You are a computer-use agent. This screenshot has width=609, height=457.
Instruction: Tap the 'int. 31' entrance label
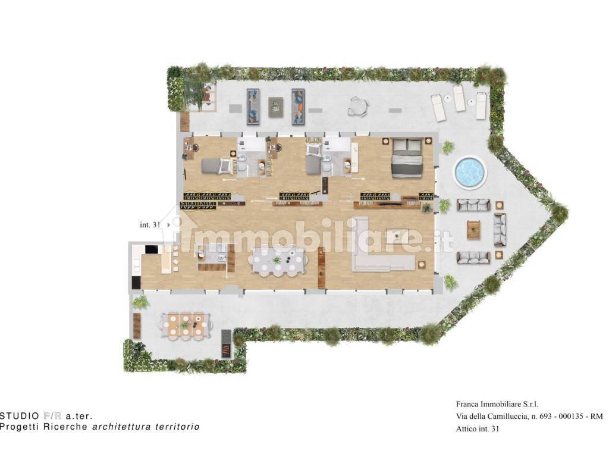coord(150,224)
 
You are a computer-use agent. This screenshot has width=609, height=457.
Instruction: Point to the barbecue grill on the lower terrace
coord(227,345)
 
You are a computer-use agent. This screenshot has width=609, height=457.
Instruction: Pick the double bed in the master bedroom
coord(407,158)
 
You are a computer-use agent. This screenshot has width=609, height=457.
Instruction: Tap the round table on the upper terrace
coord(357,106)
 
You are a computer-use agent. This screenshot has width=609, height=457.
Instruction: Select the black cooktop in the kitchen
coord(150,249)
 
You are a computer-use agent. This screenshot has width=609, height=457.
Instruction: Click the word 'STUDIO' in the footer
coord(20,416)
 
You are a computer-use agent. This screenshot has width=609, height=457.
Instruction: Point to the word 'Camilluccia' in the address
coord(509,417)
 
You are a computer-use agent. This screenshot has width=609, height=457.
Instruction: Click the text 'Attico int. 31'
coord(478,429)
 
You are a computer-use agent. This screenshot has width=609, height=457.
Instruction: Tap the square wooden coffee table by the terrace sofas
coord(473,229)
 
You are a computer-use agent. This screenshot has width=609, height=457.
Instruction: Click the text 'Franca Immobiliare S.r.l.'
coord(497,404)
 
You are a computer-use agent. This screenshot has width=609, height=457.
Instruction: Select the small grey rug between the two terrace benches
coord(276,107)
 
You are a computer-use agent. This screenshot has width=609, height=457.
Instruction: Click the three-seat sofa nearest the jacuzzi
coord(473,205)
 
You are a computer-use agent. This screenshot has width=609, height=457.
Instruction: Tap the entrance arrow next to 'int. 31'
coord(168,224)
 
